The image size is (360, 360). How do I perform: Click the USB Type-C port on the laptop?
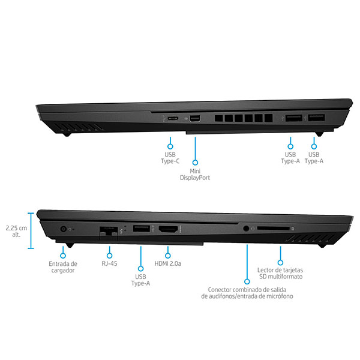(x=173, y=118)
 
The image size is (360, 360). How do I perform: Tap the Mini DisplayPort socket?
(x=194, y=119)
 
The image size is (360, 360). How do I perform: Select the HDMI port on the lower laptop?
(x=169, y=229)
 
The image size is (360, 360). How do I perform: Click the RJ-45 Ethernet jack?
(x=109, y=232)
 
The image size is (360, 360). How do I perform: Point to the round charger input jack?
(x=63, y=229)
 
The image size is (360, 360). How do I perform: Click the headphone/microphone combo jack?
(x=246, y=229)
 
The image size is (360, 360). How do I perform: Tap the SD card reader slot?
(x=273, y=229)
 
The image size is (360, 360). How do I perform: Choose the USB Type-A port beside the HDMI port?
(x=142, y=229)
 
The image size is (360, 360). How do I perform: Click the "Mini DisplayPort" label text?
(x=195, y=175)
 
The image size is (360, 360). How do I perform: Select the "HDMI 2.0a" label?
(x=168, y=263)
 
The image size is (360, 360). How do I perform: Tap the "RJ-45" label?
(x=110, y=263)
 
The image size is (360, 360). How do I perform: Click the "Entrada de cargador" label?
(x=63, y=267)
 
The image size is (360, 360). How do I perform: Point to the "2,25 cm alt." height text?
(x=16, y=232)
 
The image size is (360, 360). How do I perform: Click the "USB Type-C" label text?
(x=170, y=158)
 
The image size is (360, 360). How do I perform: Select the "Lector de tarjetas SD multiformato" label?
(x=280, y=273)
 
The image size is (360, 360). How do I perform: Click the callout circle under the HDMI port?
(x=168, y=256)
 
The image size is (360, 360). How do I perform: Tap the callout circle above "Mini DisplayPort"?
(x=195, y=163)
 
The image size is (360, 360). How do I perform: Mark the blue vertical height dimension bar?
(x=31, y=231)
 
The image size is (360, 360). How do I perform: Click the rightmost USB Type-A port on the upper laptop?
(x=316, y=118)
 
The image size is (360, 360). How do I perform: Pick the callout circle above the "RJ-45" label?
(x=110, y=256)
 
